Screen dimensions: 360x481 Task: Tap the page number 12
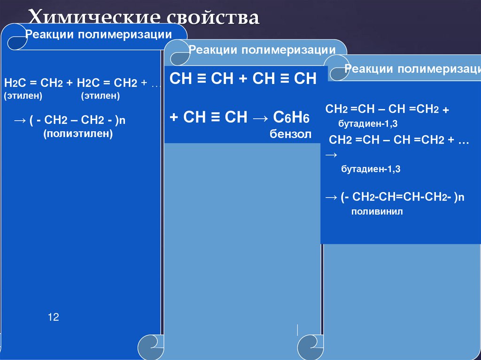coord(53,317)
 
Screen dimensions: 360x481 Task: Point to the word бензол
coord(290,134)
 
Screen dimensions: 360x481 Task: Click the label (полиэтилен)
coord(79,134)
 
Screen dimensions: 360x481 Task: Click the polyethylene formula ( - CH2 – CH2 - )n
coord(77,121)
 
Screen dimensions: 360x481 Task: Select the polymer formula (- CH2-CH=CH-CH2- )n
coord(402,198)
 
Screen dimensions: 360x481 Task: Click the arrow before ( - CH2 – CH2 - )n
coord(20,121)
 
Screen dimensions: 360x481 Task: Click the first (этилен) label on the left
coord(23,96)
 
